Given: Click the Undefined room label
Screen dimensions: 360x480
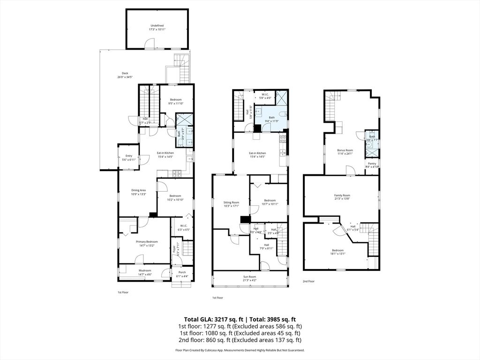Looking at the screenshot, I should (x=157, y=25).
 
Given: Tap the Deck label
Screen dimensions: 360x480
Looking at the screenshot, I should (x=125, y=73).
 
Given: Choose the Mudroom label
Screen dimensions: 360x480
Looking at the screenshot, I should (x=145, y=270).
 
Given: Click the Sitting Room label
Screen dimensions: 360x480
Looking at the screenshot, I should (x=231, y=202).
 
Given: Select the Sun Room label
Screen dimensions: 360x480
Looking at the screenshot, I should (x=249, y=277).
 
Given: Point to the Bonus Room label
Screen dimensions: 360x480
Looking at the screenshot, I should (x=345, y=150).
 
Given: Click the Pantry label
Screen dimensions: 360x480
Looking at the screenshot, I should (x=372, y=163).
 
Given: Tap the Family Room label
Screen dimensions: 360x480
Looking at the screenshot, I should (x=342, y=195).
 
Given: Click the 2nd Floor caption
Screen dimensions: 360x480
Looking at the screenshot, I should (x=309, y=281).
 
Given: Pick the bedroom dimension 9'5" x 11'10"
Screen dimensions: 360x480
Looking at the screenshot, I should (x=176, y=103).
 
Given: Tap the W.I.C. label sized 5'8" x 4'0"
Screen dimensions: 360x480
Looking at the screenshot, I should (x=266, y=97).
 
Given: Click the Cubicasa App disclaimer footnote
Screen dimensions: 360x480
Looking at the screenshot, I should (x=240, y=350).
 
